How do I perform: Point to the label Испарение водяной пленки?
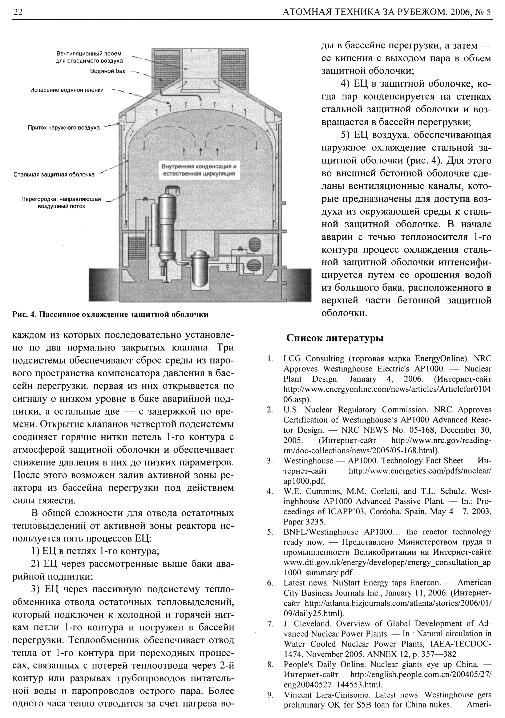[67, 90]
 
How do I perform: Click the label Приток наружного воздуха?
[64, 127]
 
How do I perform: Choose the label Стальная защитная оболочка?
[54, 174]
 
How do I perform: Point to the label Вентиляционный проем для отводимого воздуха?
[89, 57]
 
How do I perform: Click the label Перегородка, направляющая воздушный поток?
[61, 203]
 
